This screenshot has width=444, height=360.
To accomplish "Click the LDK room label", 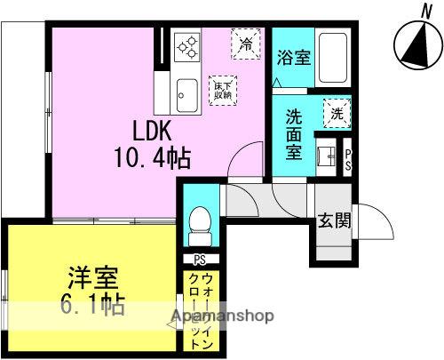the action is coord(152,131).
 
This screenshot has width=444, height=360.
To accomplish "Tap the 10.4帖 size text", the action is coord(152,158).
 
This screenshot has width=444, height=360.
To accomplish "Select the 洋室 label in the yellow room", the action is coord(93,277).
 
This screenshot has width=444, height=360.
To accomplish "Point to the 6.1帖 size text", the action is coord(92,304).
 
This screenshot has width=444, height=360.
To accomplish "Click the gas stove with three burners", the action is coord(187,47).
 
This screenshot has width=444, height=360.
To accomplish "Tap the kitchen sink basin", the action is coord(187,95).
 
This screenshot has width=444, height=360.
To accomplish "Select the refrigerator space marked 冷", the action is coord(246,44).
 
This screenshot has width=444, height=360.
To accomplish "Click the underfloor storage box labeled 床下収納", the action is coord(223,91).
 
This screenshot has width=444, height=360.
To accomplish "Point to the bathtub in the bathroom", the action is coord(333,58).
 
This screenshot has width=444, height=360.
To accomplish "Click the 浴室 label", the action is coord(294,58).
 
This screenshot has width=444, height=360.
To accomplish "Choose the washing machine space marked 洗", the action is coord(337,114).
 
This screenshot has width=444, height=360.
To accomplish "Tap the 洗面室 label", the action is coord(294,135).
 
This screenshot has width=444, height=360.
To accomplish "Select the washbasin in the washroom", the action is coord(327,156).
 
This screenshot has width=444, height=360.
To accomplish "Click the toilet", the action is coord(200,227).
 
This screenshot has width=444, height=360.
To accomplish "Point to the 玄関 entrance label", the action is coord(335,220).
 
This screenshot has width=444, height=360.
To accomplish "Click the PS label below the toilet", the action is coord(200,260).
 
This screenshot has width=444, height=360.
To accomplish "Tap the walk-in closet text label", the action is coord(201,311).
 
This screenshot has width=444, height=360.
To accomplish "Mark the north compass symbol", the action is coord(418,45).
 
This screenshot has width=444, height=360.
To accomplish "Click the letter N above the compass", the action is coord(426,12).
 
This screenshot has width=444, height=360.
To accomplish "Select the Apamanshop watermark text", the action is coord(223,316).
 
